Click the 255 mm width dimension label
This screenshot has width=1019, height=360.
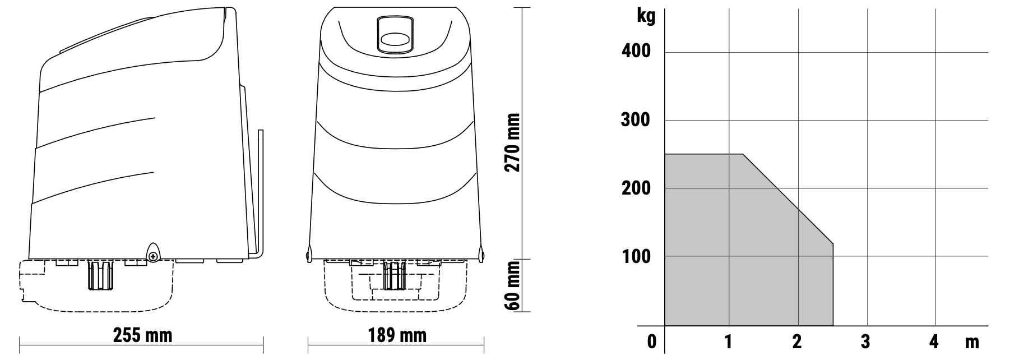pyautogui.click(x=142, y=335)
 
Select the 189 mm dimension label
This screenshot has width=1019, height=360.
pyautogui.click(x=397, y=335)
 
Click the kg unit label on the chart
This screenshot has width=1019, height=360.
pyautogui.click(x=646, y=16)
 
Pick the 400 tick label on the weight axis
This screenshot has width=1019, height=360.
pyautogui.click(x=637, y=51)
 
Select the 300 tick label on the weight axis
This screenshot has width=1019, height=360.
pyautogui.click(x=637, y=120)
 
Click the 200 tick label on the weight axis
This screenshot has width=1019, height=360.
pyautogui.click(x=637, y=188)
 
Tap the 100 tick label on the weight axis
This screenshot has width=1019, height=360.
pyautogui.click(x=637, y=256)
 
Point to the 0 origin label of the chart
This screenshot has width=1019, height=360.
pyautogui.click(x=651, y=341)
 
